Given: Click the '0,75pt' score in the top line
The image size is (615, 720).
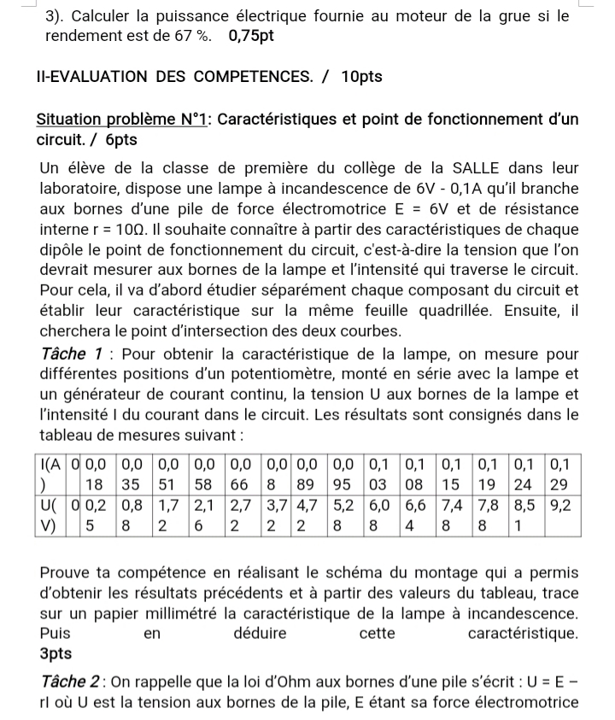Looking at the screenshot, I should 251,37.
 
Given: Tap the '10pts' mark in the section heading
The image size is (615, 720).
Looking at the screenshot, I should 361,77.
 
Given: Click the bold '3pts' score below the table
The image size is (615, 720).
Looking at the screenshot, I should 56,653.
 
